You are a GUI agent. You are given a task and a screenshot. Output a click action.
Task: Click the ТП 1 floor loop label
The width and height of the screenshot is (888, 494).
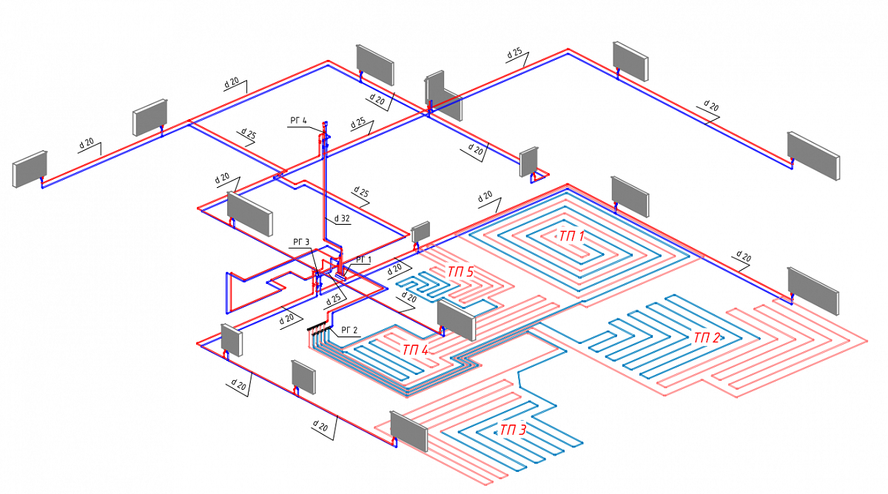tap(571, 237)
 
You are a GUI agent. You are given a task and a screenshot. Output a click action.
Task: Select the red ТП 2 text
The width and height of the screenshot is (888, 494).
tap(707, 338)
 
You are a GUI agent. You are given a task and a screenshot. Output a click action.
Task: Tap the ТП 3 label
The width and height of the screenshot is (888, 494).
tap(513, 430)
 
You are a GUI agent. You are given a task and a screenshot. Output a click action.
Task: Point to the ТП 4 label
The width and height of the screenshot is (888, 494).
tap(415, 348)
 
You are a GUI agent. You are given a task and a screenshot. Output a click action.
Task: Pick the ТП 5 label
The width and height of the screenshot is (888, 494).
tap(460, 272)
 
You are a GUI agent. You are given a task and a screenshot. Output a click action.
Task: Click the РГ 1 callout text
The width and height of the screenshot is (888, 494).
tap(363, 259)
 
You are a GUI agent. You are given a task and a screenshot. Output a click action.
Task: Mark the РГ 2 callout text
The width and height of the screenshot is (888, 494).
tap(349, 330)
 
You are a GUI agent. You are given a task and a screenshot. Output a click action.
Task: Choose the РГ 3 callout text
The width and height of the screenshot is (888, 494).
tap(300, 242)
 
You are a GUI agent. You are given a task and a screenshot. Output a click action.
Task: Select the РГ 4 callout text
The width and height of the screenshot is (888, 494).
tap(297, 121)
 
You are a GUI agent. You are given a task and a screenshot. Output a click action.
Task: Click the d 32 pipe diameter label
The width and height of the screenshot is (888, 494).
tap(341, 219)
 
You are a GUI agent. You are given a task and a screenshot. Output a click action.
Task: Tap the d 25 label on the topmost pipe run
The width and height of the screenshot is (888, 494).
tap(514, 53)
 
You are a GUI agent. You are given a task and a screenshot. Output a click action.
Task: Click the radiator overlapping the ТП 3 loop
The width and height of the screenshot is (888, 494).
tap(409, 431)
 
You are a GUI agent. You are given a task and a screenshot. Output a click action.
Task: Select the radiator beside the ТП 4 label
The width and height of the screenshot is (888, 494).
tap(455, 318)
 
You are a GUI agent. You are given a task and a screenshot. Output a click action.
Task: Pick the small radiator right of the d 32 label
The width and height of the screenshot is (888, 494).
tap(421, 231)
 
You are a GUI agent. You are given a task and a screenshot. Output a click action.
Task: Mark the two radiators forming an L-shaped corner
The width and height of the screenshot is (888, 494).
tap(443, 96)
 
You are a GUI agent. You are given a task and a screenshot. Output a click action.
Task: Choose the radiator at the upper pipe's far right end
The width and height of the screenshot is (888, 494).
tap(813, 155)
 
